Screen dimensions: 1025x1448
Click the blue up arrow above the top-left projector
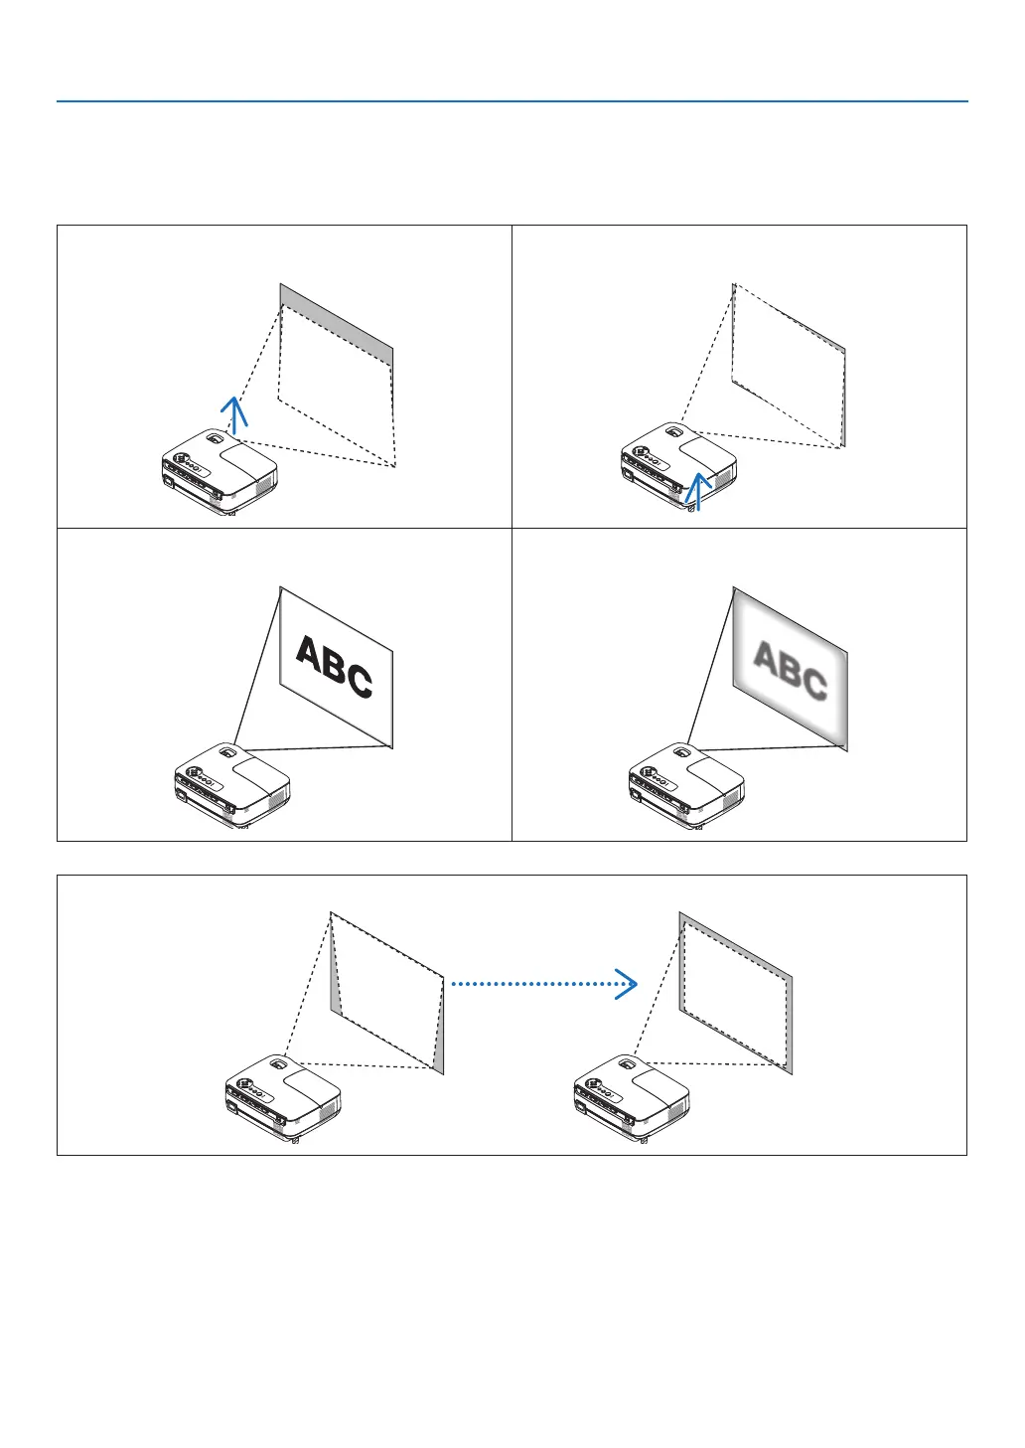233,412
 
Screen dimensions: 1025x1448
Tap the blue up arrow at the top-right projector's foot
699,490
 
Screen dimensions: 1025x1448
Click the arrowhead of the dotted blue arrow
626,984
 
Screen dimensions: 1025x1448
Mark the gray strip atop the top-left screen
337,322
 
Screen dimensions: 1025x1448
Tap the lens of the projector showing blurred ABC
683,752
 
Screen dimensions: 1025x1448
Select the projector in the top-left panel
220,471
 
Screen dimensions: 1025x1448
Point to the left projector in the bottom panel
283,1097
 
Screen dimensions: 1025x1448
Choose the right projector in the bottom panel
631,1097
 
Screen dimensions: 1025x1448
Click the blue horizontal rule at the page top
512,101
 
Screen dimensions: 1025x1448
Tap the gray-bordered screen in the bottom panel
735,994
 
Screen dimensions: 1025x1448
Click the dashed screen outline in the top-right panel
788,368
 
